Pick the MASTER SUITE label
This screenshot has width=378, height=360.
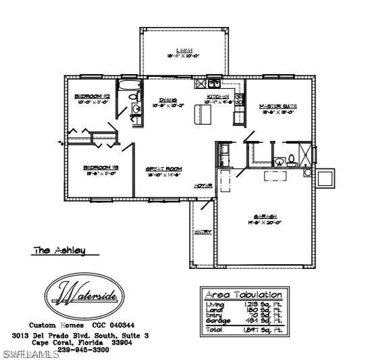(x=278, y=107)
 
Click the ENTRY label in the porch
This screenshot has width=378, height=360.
(x=202, y=232)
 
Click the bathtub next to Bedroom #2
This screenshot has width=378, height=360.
(x=128, y=86)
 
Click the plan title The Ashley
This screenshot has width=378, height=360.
(x=60, y=250)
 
